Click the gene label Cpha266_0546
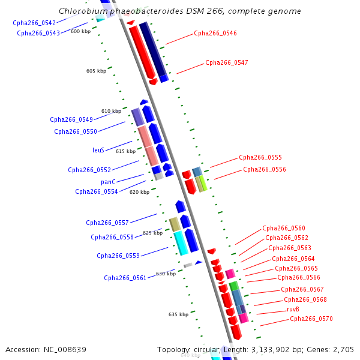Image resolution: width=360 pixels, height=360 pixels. (215, 34)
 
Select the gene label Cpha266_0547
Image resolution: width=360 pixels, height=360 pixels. (226, 62)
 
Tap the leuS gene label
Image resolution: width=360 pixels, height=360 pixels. (98, 150)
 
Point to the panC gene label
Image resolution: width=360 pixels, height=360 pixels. (108, 182)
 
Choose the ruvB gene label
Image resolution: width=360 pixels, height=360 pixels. (293, 310)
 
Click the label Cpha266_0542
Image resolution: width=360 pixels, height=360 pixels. (34, 23)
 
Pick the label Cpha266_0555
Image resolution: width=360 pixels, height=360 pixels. (260, 158)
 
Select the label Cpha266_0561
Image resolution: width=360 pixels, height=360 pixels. (125, 278)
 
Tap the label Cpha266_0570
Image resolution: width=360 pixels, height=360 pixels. (311, 319)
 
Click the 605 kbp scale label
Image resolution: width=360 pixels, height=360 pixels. (96, 71)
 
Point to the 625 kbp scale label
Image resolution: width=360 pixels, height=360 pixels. (152, 233)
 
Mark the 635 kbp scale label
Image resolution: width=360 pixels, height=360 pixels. (178, 314)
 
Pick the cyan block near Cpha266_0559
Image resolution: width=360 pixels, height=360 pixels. (181, 243)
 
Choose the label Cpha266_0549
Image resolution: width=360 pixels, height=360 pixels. (71, 120)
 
